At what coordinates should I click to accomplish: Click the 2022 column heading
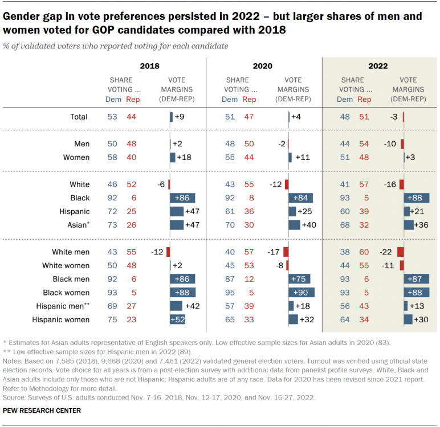377,66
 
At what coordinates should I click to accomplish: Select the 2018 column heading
150,66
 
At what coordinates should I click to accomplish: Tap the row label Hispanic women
61,319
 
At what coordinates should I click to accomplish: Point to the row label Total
79,117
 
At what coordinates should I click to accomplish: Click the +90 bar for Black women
302,292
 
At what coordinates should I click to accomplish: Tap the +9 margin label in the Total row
180,117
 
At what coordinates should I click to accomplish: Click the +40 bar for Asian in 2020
294,224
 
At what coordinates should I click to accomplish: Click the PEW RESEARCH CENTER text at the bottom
42,410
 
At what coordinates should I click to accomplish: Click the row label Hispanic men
60,306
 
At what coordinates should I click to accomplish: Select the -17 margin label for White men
274,251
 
